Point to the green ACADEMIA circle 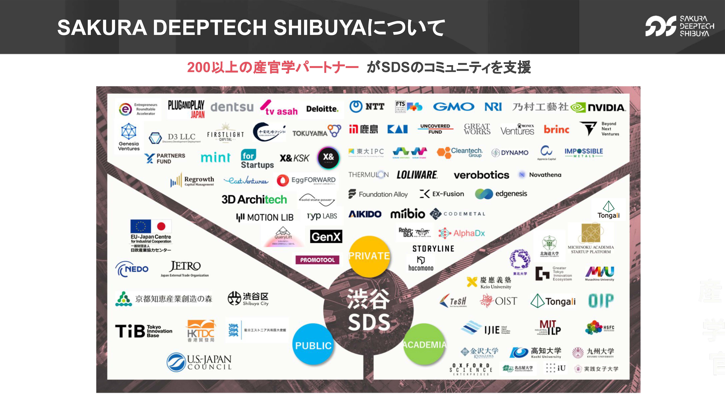(424, 344)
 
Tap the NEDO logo (132, 269)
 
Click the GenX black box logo (326, 237)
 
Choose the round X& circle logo (328, 158)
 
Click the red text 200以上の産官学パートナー (272, 68)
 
